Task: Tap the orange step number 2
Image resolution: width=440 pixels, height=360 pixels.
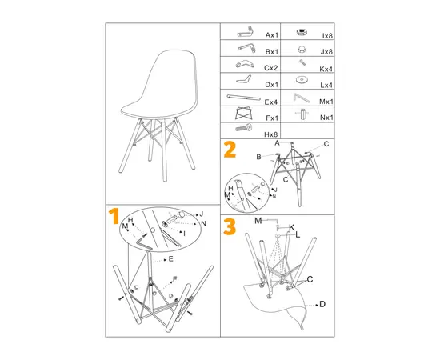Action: tap(230, 150)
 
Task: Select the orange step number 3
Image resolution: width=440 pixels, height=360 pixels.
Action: tap(230, 227)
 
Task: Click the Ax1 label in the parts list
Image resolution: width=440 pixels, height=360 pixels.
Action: tap(271, 35)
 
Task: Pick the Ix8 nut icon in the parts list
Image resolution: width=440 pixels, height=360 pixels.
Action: tap(302, 34)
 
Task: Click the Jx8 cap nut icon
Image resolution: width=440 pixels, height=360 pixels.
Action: tap(302, 49)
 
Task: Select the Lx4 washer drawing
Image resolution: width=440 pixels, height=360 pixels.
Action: tap(302, 80)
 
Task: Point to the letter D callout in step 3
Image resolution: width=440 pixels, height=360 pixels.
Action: tap(322, 305)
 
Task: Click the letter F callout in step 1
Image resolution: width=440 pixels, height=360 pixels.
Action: tap(174, 278)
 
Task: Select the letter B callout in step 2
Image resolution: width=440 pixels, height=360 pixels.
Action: tap(259, 158)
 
